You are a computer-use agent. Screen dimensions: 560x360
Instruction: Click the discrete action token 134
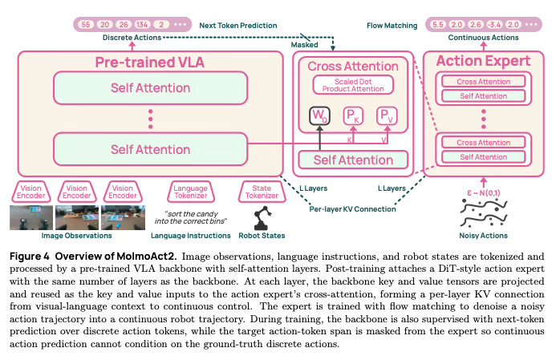tap(142, 25)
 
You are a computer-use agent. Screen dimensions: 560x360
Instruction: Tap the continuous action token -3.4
tap(495, 25)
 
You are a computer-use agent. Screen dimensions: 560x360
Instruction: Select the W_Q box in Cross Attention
tap(319, 115)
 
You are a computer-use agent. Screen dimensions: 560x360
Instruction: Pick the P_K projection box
tap(353, 115)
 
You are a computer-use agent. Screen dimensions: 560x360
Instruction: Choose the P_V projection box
tap(387, 115)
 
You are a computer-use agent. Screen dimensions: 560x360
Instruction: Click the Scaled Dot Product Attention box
tap(353, 85)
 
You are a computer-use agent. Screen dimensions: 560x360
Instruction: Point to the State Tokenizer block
tap(262, 192)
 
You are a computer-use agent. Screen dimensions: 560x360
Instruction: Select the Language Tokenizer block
tap(191, 192)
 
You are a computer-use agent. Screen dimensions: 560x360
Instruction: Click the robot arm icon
tap(262, 217)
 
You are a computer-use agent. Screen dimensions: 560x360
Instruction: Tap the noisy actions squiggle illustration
tap(484, 213)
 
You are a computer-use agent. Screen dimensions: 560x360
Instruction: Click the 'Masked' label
tap(304, 45)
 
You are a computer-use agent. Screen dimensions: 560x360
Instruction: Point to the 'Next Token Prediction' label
tap(238, 26)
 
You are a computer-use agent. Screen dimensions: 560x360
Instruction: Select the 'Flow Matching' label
tap(392, 26)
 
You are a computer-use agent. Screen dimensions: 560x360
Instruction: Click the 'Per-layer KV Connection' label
tap(352, 209)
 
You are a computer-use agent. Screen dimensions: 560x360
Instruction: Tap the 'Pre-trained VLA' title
tap(150, 63)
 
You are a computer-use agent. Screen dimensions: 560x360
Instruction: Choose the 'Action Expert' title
tap(483, 61)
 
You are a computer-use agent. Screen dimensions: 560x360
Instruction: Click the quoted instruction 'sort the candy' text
tap(191, 214)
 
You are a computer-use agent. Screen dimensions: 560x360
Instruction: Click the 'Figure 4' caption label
tap(30, 257)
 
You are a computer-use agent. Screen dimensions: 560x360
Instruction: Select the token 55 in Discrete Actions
tap(86, 25)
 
